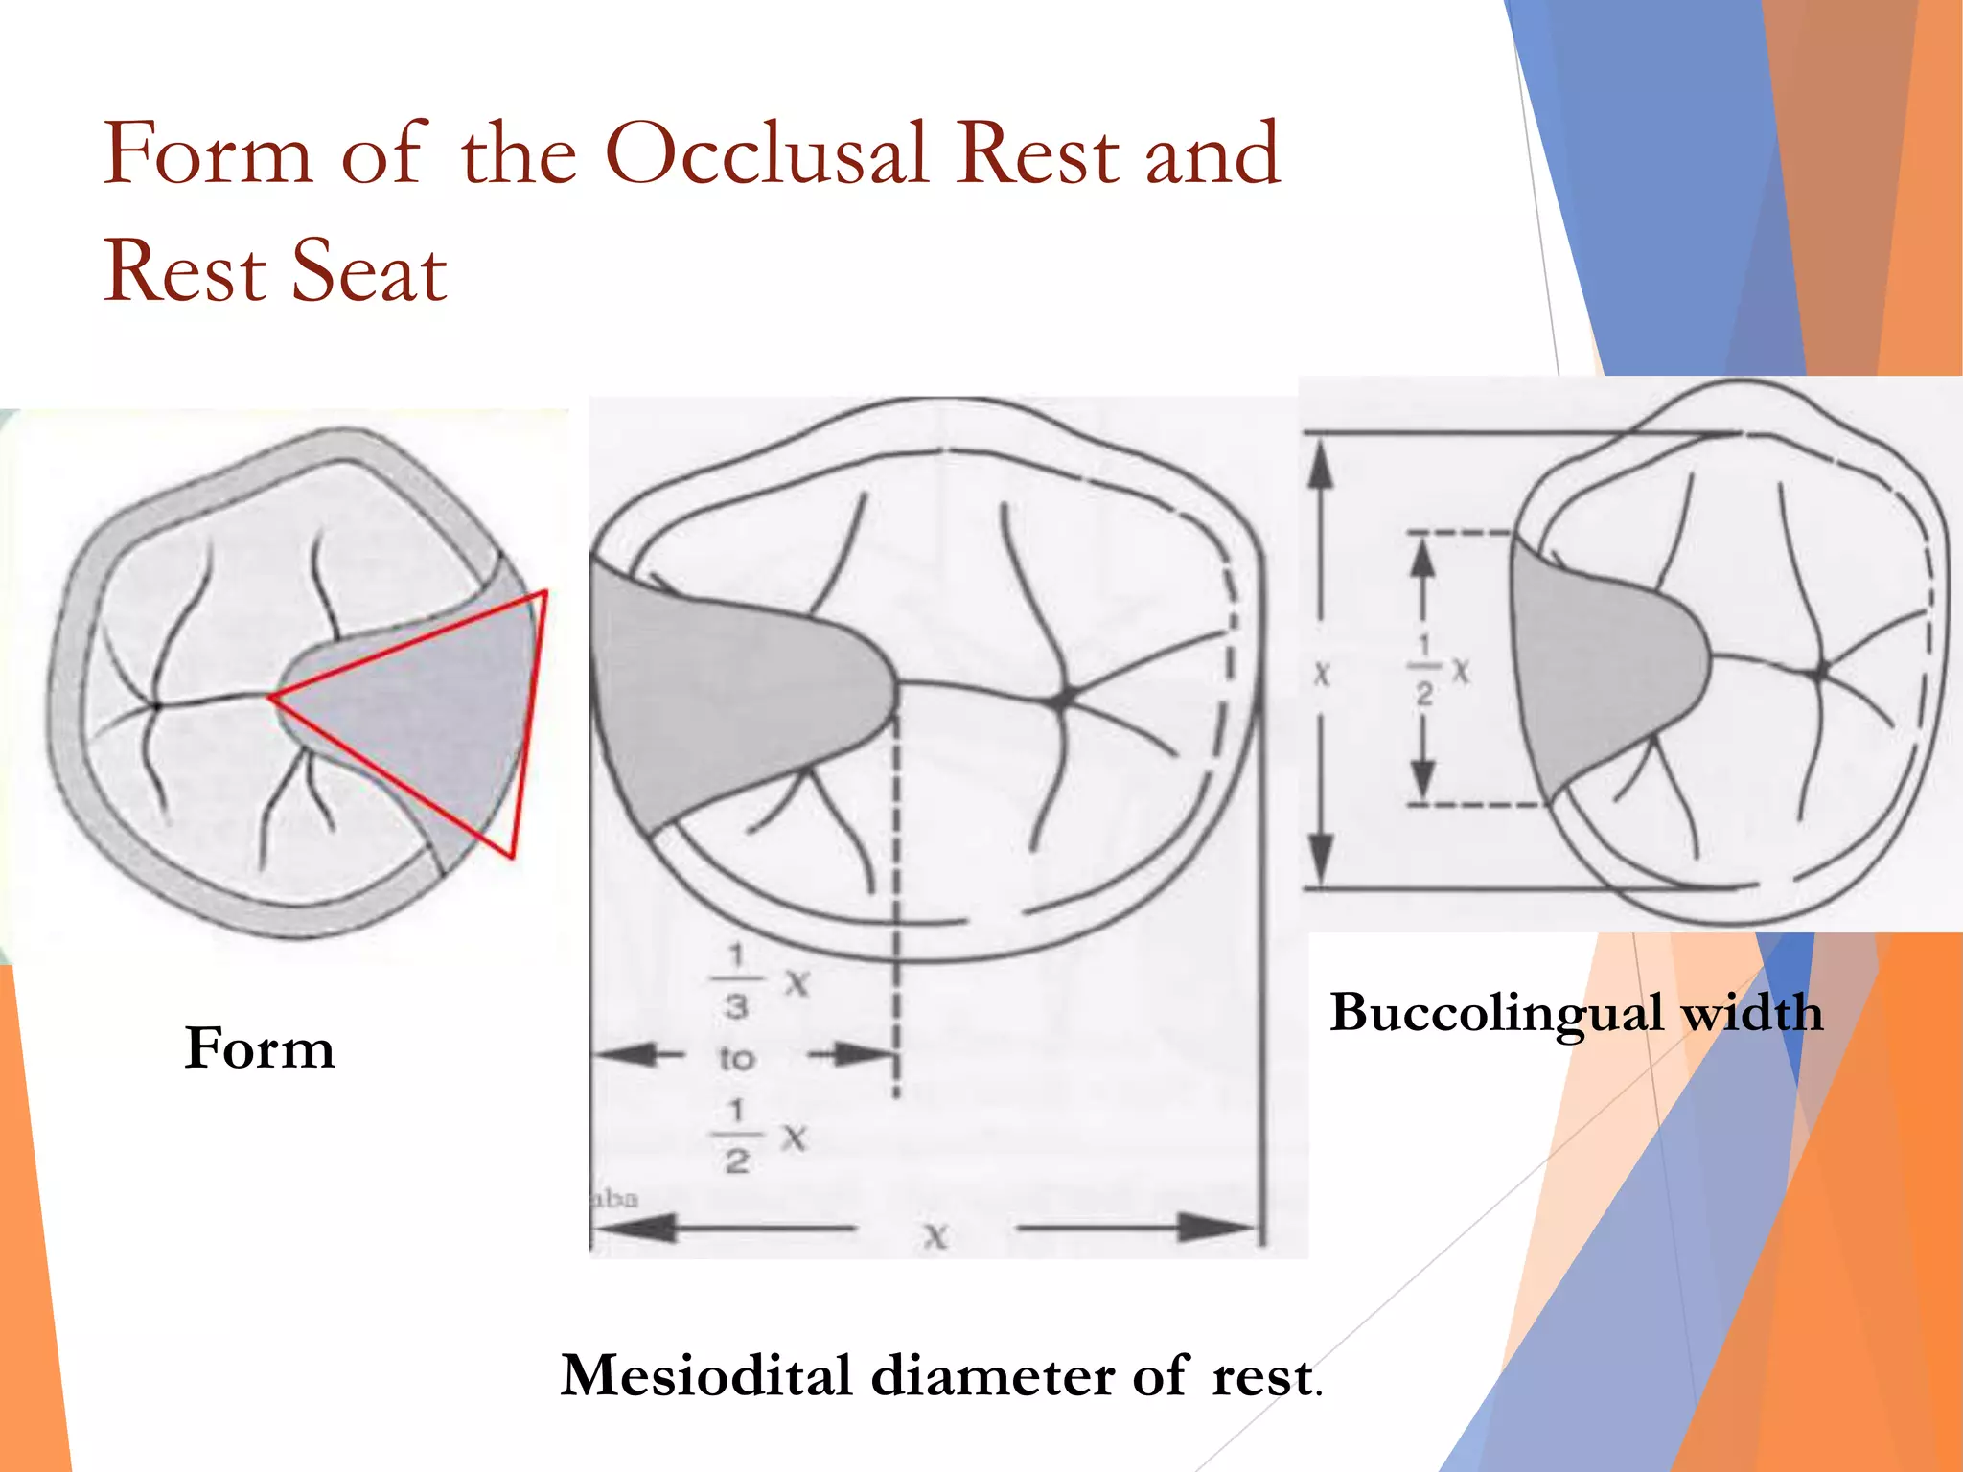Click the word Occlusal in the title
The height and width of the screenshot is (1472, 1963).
(x=767, y=155)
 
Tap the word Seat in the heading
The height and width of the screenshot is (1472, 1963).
(x=369, y=272)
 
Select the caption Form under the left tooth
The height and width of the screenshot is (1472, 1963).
(x=260, y=1047)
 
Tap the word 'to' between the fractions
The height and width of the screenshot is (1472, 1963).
(x=737, y=1059)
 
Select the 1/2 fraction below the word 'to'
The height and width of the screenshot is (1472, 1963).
(x=736, y=1137)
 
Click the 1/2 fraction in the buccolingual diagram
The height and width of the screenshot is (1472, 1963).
(x=1424, y=668)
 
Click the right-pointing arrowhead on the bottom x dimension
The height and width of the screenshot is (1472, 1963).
(x=1217, y=1227)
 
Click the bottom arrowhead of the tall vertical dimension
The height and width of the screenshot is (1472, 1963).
(x=1321, y=859)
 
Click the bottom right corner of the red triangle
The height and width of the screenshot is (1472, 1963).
(x=512, y=855)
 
